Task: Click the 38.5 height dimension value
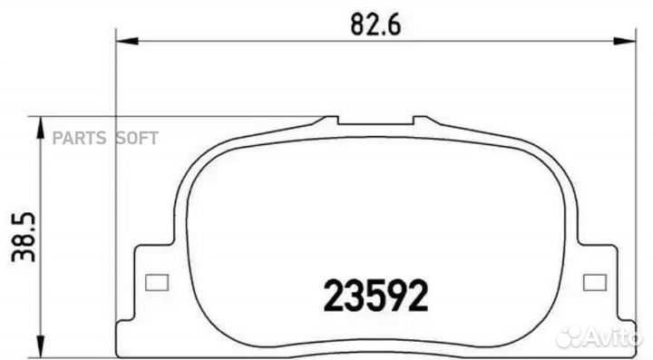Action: coord(21,238)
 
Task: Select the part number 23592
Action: coord(375,294)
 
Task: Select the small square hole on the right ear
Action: coord(595,281)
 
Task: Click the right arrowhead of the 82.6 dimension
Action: coord(628,40)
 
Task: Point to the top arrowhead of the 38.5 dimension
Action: coord(40,126)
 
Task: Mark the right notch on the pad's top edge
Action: coord(422,120)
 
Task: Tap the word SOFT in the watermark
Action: coord(136,138)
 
